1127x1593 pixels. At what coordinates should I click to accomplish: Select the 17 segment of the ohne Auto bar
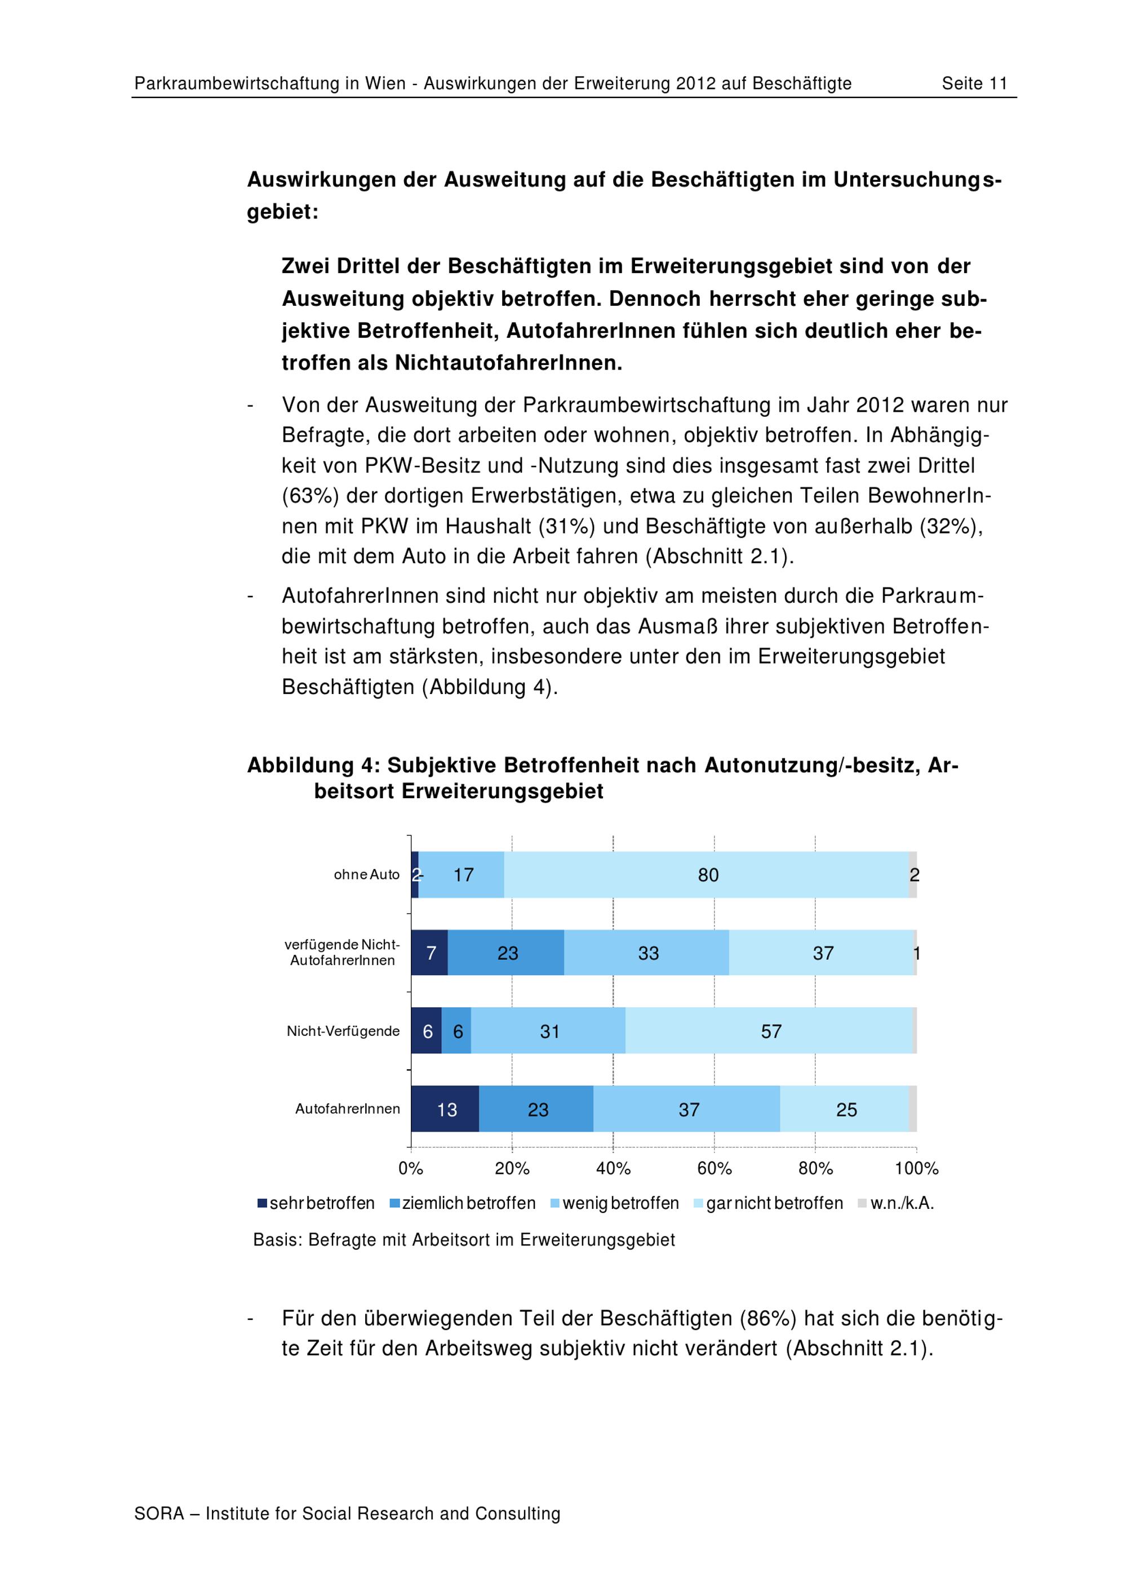coord(462,875)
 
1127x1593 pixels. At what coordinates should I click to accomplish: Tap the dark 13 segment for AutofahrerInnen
coord(446,1110)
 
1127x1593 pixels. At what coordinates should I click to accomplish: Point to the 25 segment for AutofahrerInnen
coord(845,1110)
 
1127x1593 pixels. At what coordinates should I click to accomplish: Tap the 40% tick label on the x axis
coord(613,1168)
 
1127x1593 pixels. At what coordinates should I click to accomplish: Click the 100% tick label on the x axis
coord(916,1168)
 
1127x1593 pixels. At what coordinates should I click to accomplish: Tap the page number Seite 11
coord(974,84)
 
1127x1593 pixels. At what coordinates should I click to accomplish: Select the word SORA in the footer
coord(159,1513)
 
